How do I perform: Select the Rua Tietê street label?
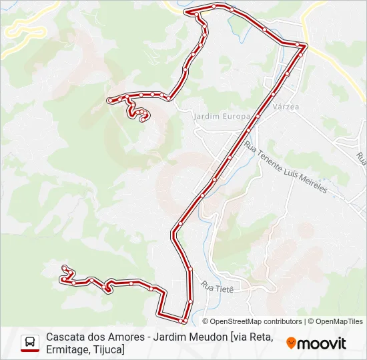pyautogui.click(x=216, y=288)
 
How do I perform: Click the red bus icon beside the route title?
pyautogui.click(x=30, y=343)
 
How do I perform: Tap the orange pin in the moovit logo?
pyautogui.click(x=291, y=343)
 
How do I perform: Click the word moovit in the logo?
pyautogui.click(x=321, y=343)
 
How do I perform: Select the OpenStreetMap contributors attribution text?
pyautogui.click(x=248, y=321)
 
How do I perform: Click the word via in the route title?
pyautogui.click(x=237, y=337)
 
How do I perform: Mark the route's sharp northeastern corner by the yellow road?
pyautogui.click(x=306, y=46)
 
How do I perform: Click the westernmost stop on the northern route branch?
pyautogui.click(x=109, y=101)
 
